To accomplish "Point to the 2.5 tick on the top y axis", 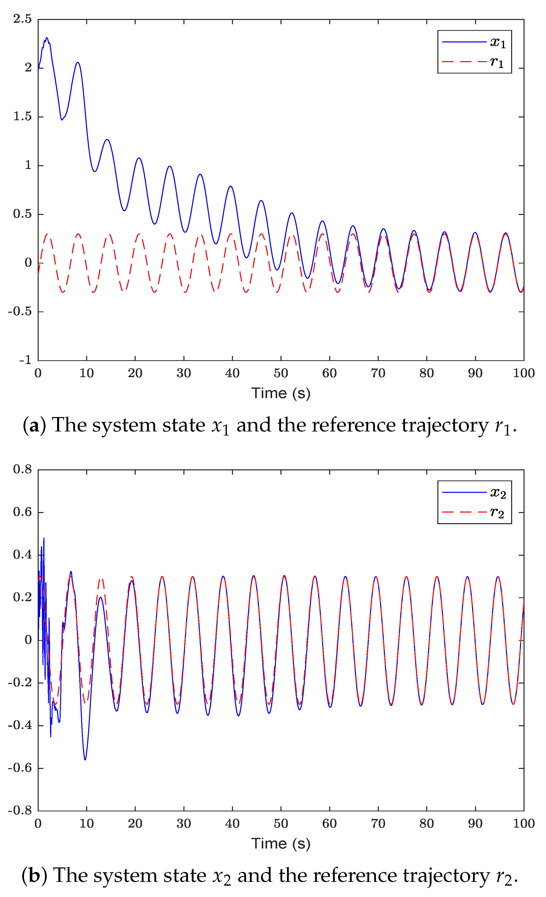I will point(22,19).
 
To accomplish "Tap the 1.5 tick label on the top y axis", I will point(22,116).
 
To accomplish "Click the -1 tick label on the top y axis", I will point(26,360).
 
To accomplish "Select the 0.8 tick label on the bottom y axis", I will point(22,469).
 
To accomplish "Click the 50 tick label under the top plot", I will point(281,373).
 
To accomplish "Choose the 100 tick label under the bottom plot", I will point(524,823).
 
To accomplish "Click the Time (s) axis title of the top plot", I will point(281,393).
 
